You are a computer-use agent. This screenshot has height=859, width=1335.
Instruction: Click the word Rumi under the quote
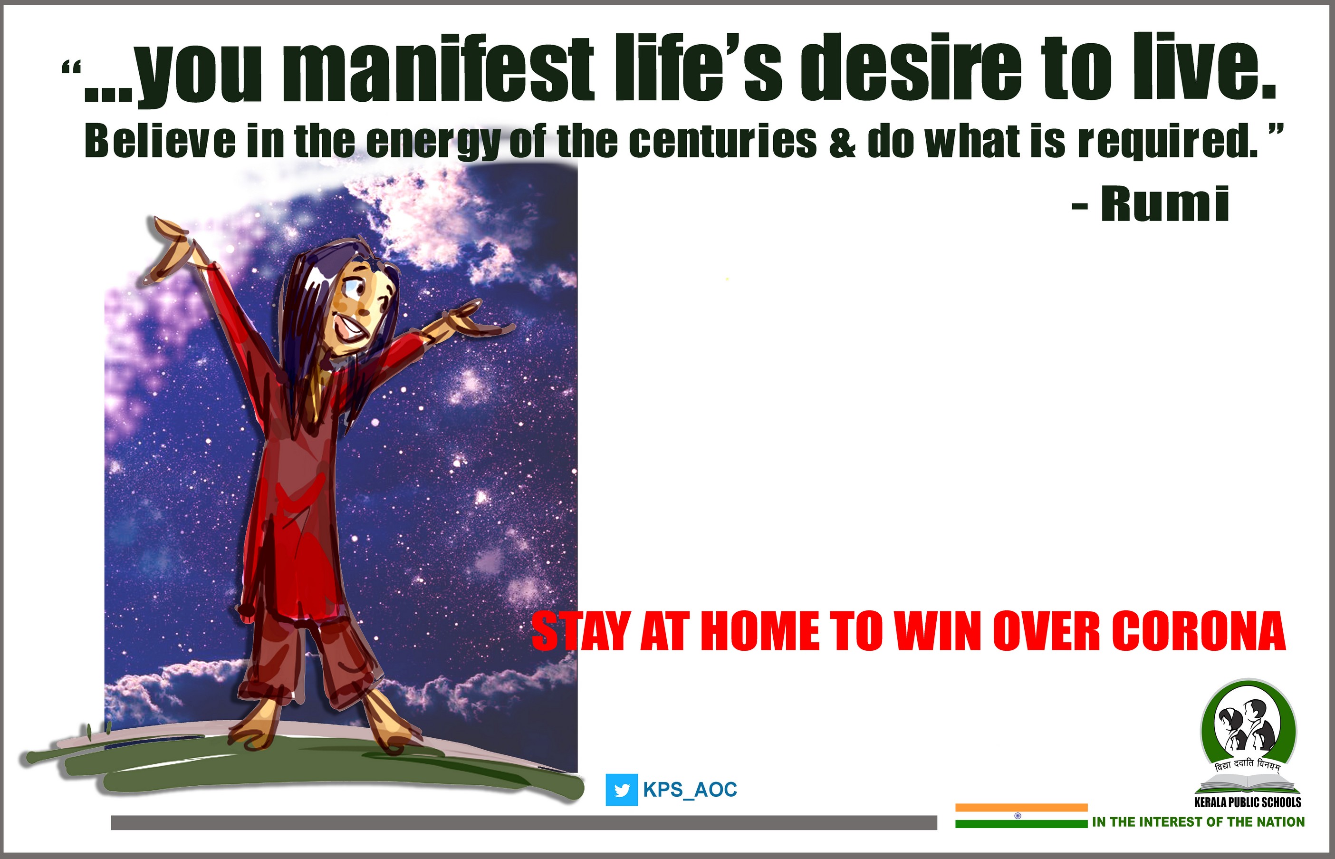click(x=1165, y=203)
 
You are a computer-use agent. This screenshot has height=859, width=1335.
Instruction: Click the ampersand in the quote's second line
click(x=842, y=142)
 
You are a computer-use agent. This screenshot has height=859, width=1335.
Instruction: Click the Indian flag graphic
click(x=1021, y=815)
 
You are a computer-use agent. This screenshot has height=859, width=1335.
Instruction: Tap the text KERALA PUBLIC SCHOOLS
click(x=1248, y=802)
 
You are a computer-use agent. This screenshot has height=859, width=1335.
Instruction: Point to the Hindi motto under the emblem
click(x=1248, y=766)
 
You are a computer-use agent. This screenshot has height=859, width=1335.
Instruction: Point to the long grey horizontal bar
click(x=524, y=822)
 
